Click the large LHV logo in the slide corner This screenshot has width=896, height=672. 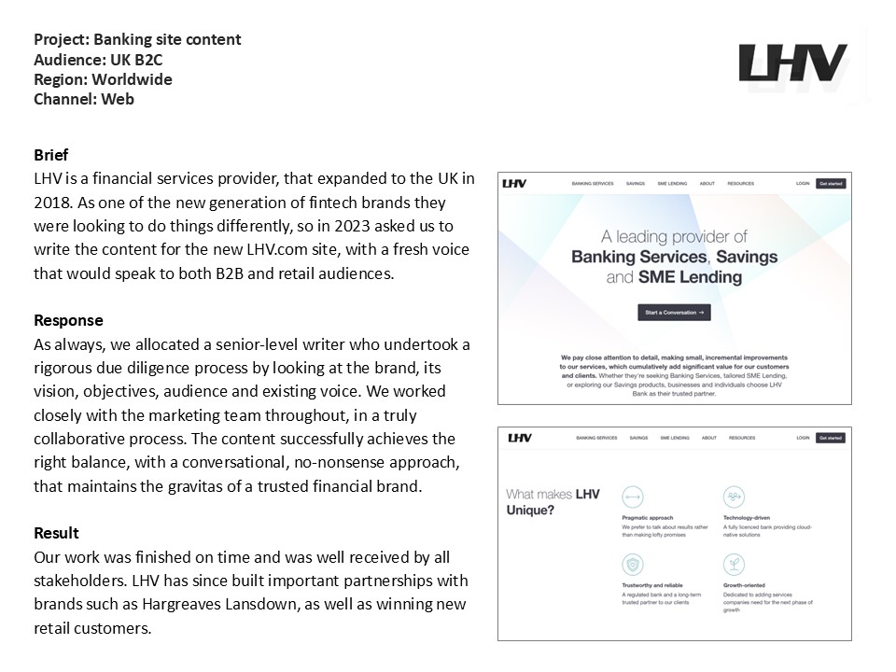coord(792,63)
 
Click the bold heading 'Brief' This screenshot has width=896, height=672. coord(50,155)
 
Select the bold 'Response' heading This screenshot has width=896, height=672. coord(68,320)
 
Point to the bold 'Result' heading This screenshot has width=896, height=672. coord(56,533)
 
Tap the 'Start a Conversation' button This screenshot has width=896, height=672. coord(674,313)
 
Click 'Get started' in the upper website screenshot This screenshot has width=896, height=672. coord(831,184)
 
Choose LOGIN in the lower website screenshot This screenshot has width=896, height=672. coord(803,438)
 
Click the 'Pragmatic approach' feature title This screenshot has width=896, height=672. coord(647,518)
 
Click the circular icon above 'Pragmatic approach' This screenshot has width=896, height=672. coord(632,497)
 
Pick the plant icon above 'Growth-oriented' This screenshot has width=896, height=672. coord(734,565)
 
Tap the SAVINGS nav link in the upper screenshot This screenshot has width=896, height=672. coord(636,184)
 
